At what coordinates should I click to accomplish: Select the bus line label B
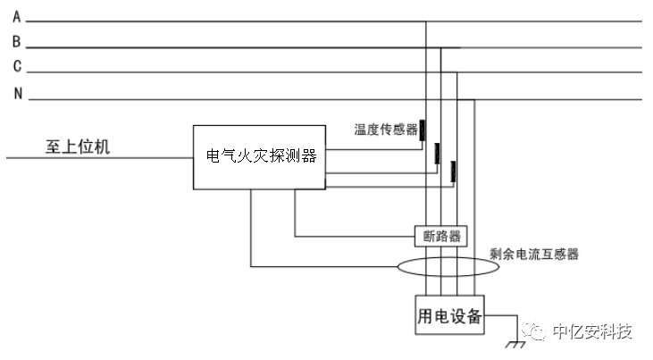pos(16,42)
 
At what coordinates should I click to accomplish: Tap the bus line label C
pos(16,67)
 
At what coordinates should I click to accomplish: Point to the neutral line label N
pos(17,94)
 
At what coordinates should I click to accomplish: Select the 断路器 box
pos(441,237)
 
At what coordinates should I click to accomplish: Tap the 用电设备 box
pos(450,315)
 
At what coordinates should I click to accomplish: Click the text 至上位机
pos(78,146)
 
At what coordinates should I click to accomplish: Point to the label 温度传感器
pos(386,130)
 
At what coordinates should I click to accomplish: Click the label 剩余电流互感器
pos(535,254)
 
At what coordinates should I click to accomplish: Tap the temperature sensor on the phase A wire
pos(423,130)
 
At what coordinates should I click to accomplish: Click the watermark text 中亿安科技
pos(592,332)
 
